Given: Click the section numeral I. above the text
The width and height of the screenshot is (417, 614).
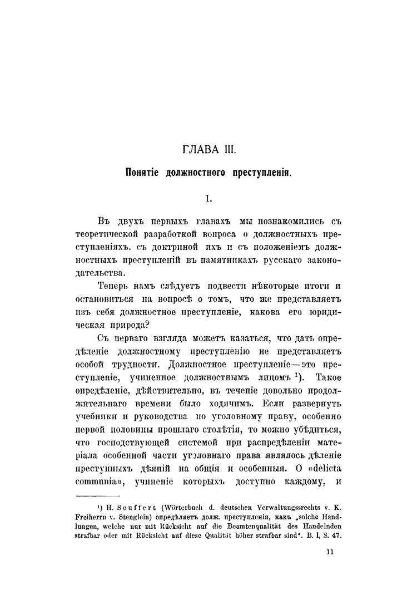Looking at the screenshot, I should tap(208, 197).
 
